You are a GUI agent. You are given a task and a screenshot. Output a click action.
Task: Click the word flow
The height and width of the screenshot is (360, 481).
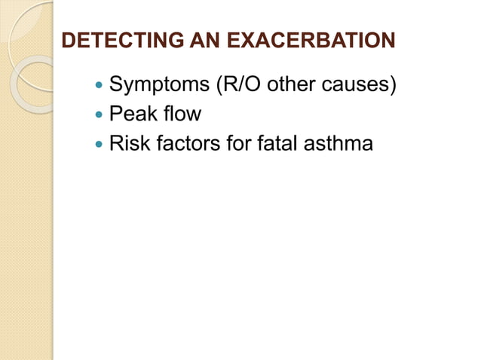182,114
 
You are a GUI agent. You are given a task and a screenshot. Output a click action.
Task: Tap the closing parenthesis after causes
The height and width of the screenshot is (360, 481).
393,85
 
